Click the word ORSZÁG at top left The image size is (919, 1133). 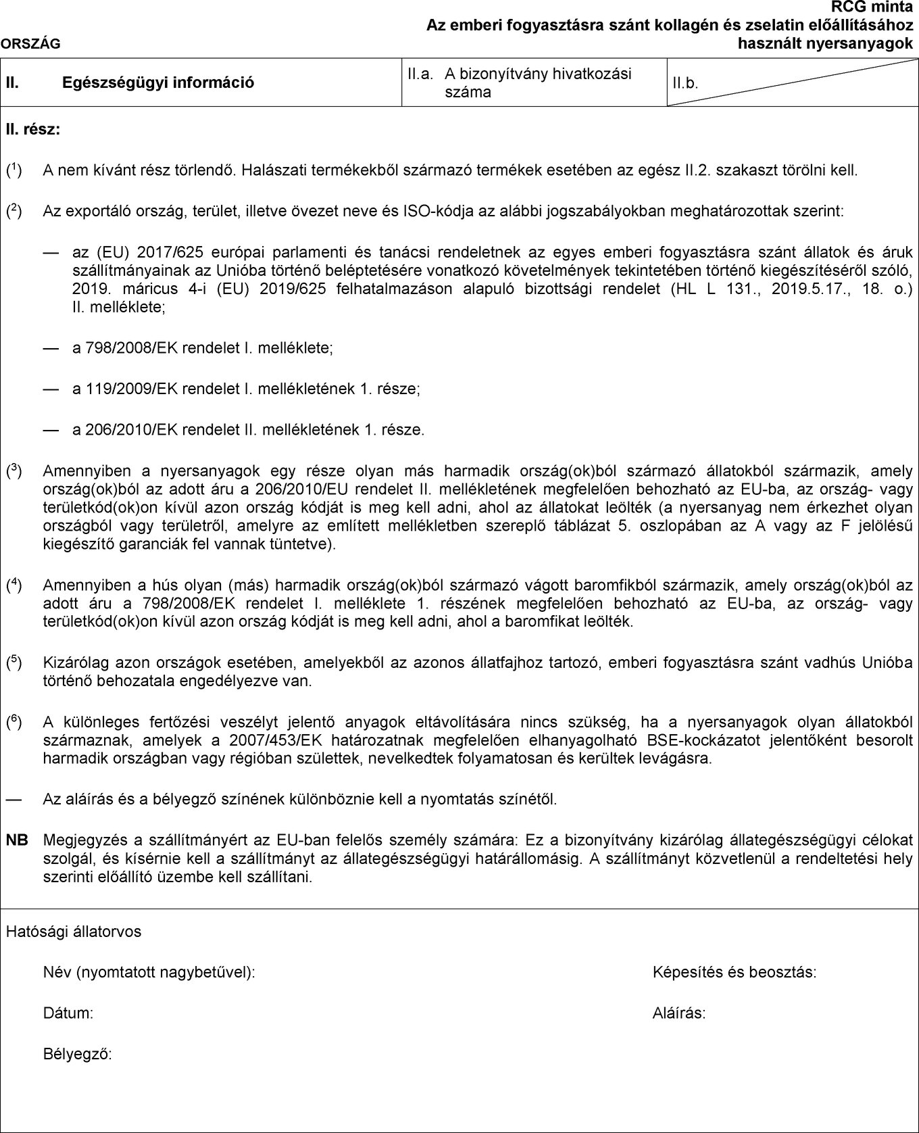(x=30, y=44)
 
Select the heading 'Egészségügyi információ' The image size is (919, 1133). (x=158, y=82)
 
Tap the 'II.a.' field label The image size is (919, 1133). (x=420, y=74)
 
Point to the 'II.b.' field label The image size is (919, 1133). (x=685, y=83)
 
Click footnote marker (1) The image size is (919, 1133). (x=14, y=170)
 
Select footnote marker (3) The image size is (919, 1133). (x=14, y=470)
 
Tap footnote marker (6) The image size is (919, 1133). (x=14, y=722)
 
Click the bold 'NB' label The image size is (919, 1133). (x=18, y=840)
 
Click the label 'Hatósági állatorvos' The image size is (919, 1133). (x=74, y=932)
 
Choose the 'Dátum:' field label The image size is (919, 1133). (x=68, y=1013)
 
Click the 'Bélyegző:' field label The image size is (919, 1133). (x=78, y=1054)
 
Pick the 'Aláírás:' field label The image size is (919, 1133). (x=679, y=1013)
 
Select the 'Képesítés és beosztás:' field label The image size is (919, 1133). (x=735, y=973)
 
